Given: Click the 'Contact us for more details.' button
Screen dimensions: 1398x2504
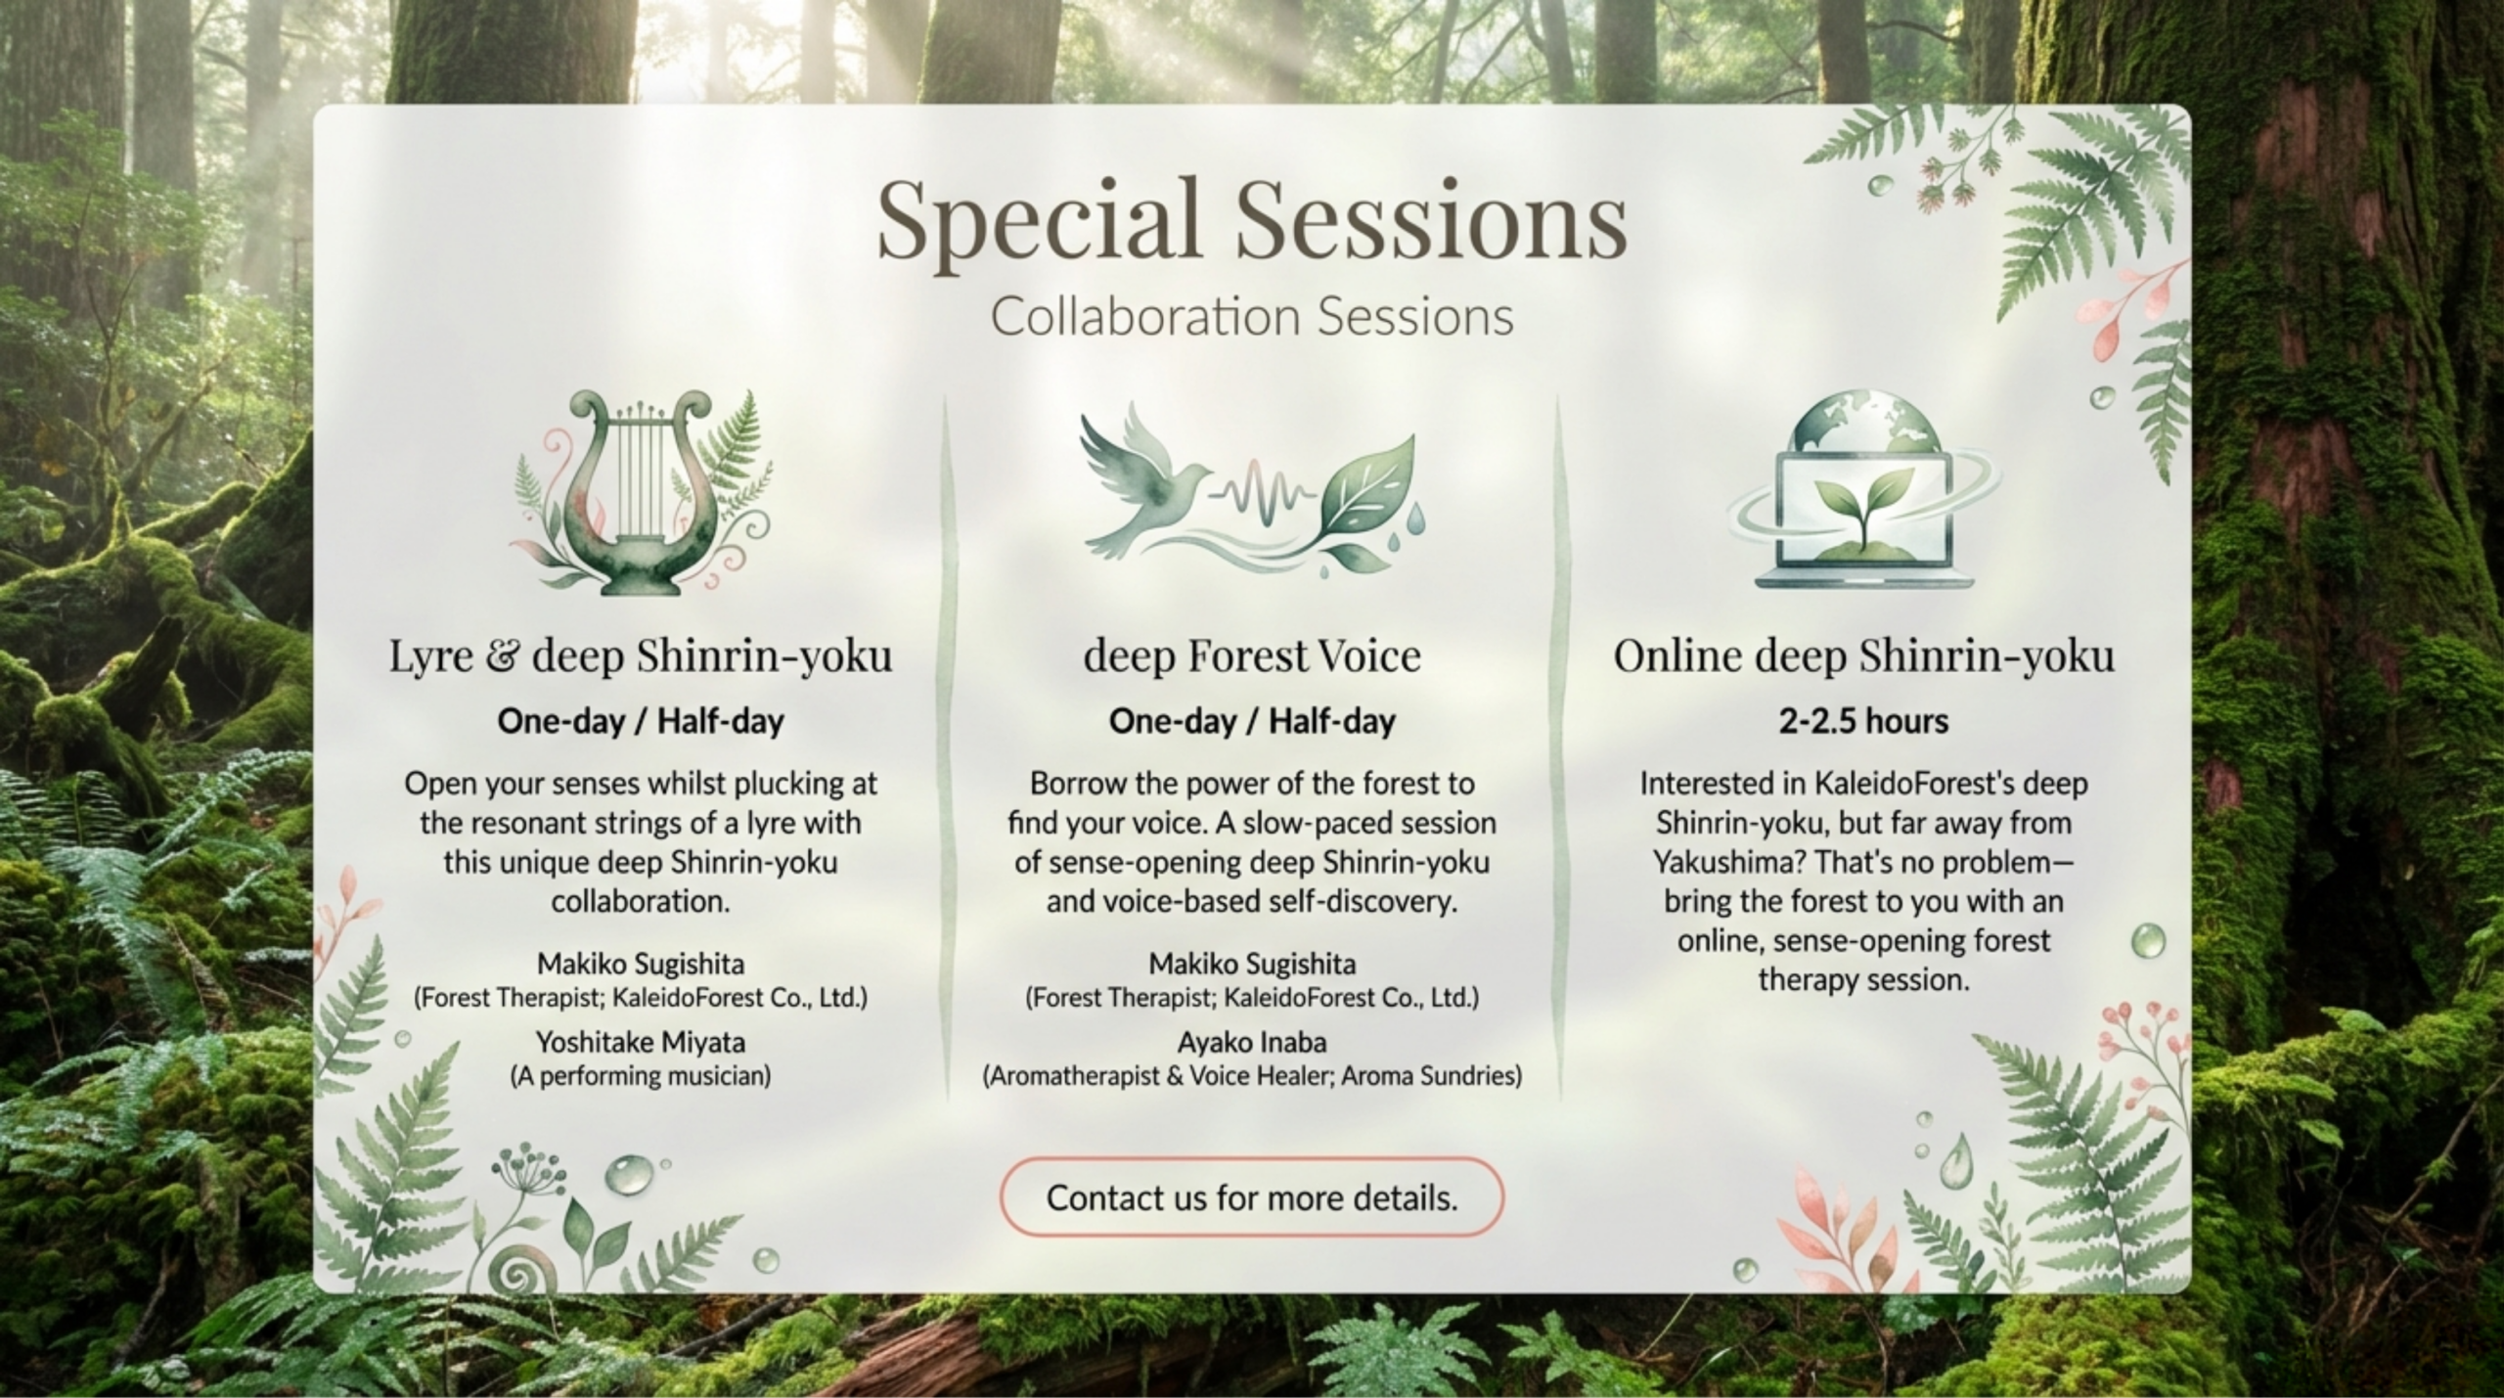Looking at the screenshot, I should [x=1251, y=1196].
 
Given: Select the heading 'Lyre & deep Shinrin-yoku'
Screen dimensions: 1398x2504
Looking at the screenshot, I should [x=641, y=656].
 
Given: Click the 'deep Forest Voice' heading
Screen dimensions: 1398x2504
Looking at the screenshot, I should [x=1251, y=656].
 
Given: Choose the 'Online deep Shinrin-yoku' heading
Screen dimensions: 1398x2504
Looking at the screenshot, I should [x=1863, y=656].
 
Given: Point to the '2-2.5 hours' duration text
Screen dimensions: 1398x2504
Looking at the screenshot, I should [x=1863, y=722].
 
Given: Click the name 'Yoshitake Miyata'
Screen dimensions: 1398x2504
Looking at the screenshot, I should [x=641, y=1042].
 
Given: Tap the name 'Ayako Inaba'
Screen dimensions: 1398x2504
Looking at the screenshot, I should [x=1251, y=1042].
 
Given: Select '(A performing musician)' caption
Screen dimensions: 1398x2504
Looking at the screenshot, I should [x=641, y=1076].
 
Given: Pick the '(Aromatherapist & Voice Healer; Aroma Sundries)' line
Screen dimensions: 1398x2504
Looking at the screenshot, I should [x=1251, y=1076].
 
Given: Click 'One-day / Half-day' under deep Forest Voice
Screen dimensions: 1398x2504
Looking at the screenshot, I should [x=1251, y=722].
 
